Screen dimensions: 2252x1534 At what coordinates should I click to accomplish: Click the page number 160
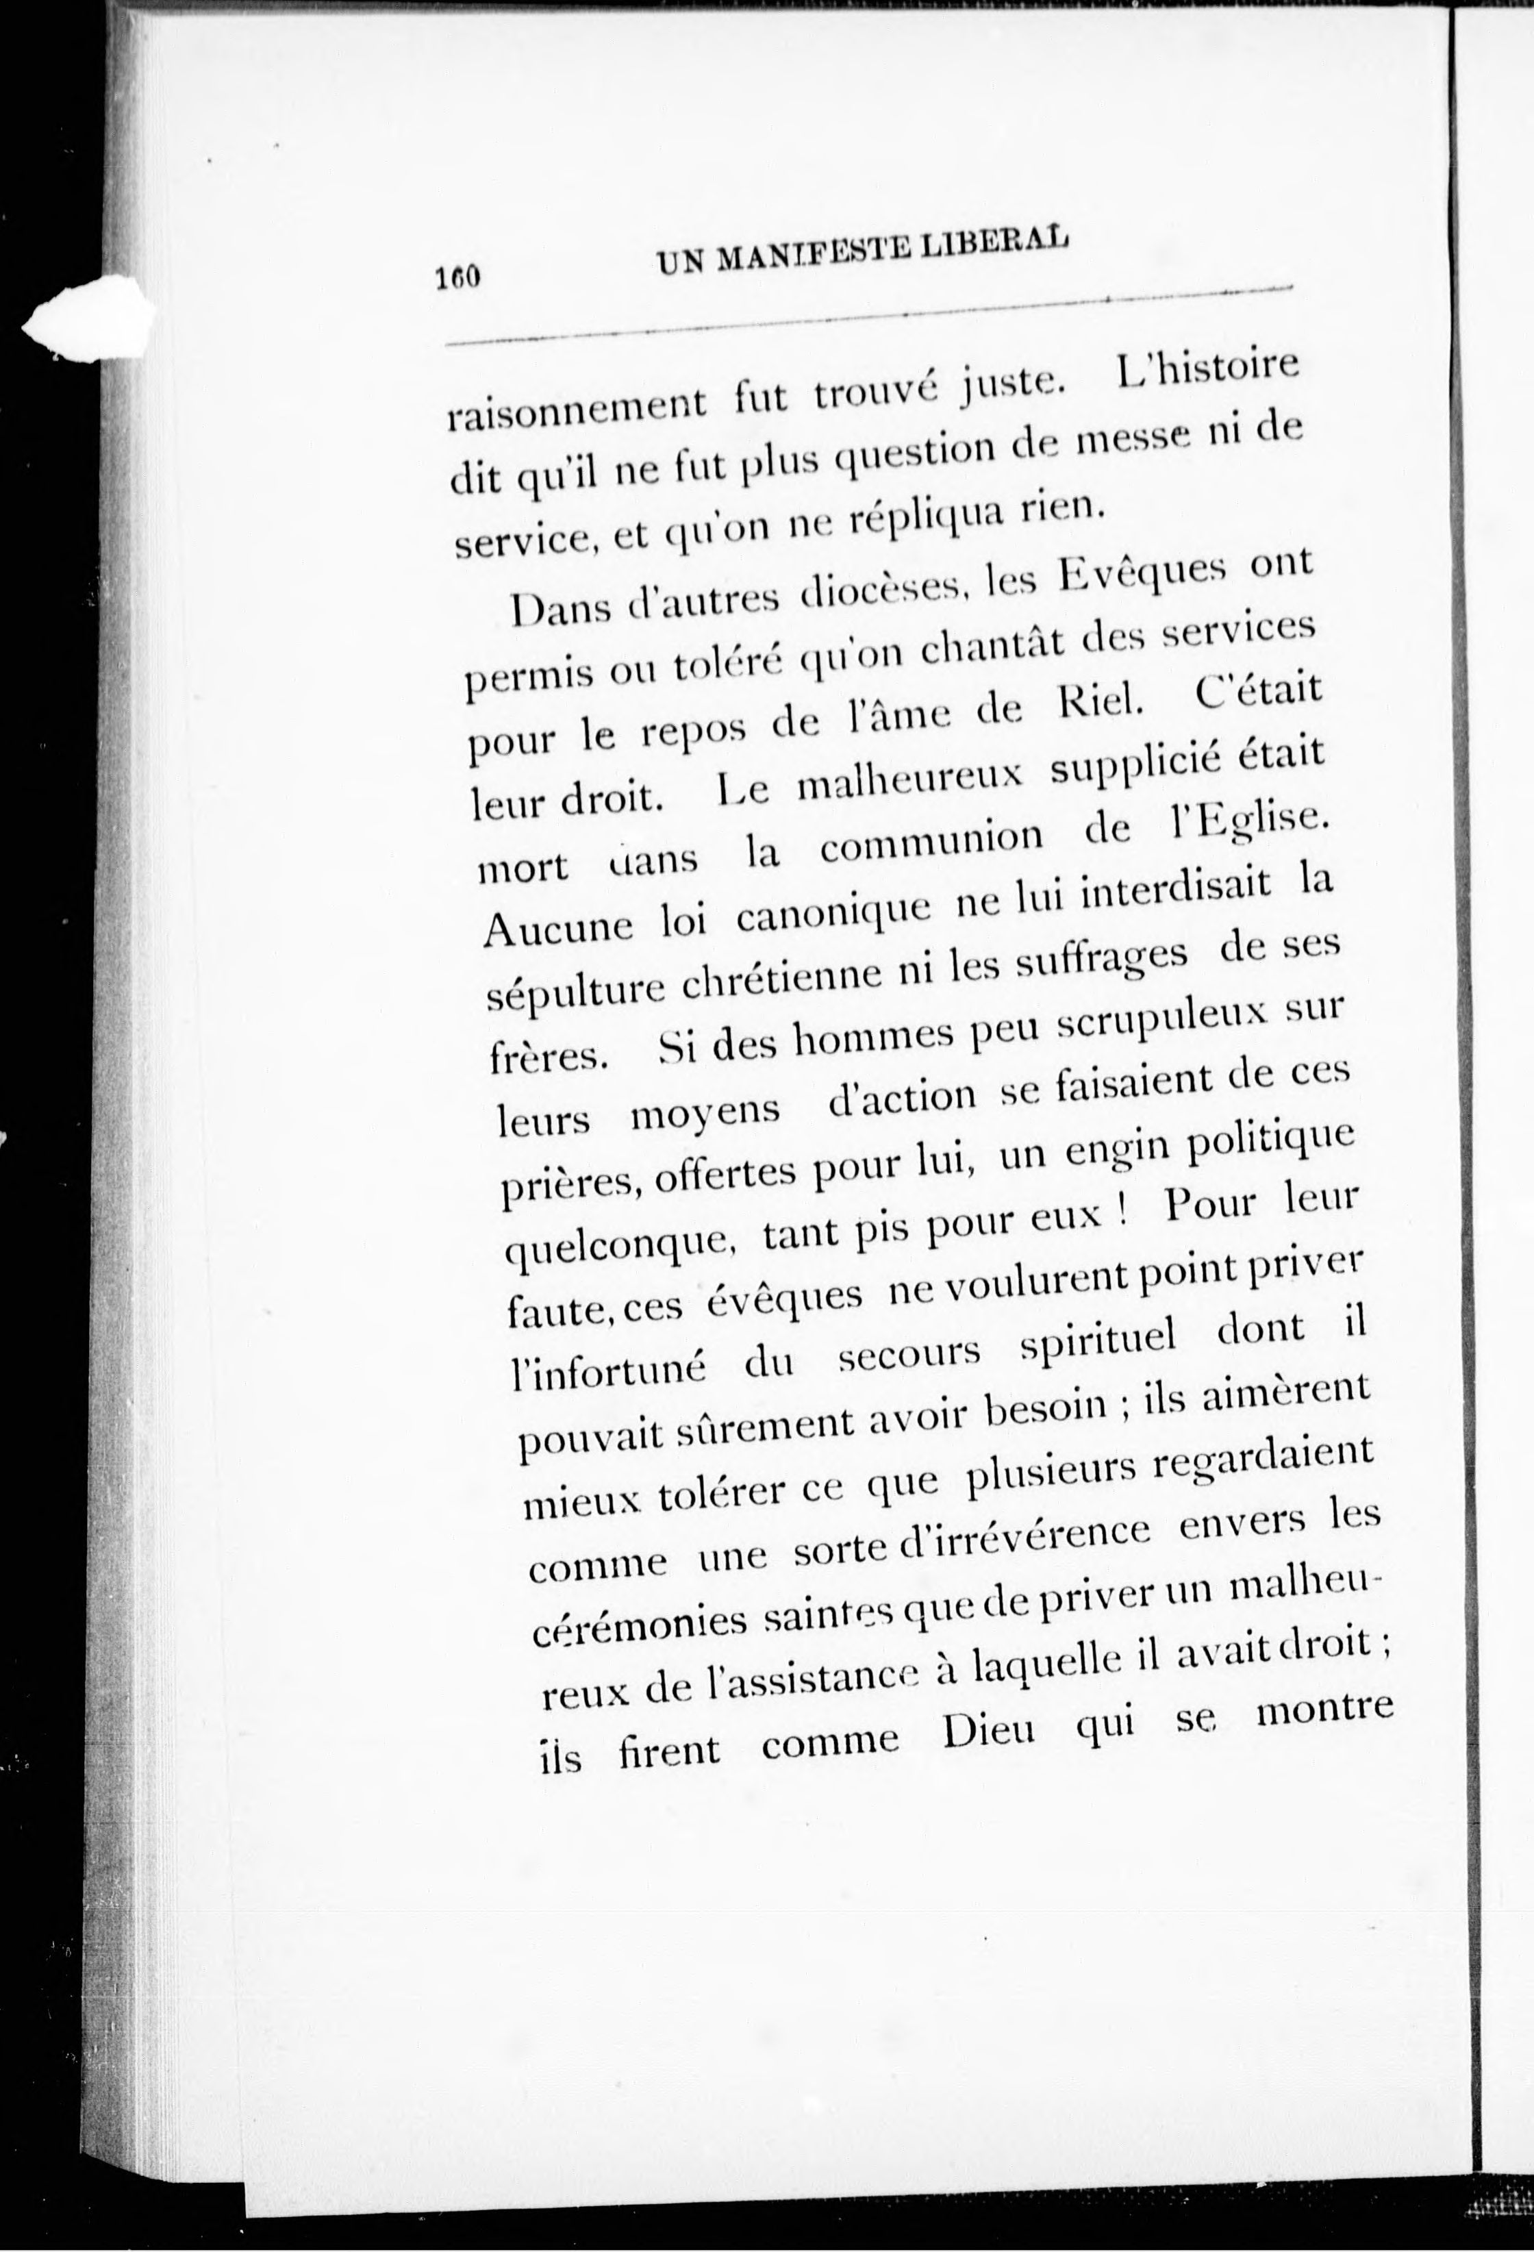[x=457, y=278]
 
